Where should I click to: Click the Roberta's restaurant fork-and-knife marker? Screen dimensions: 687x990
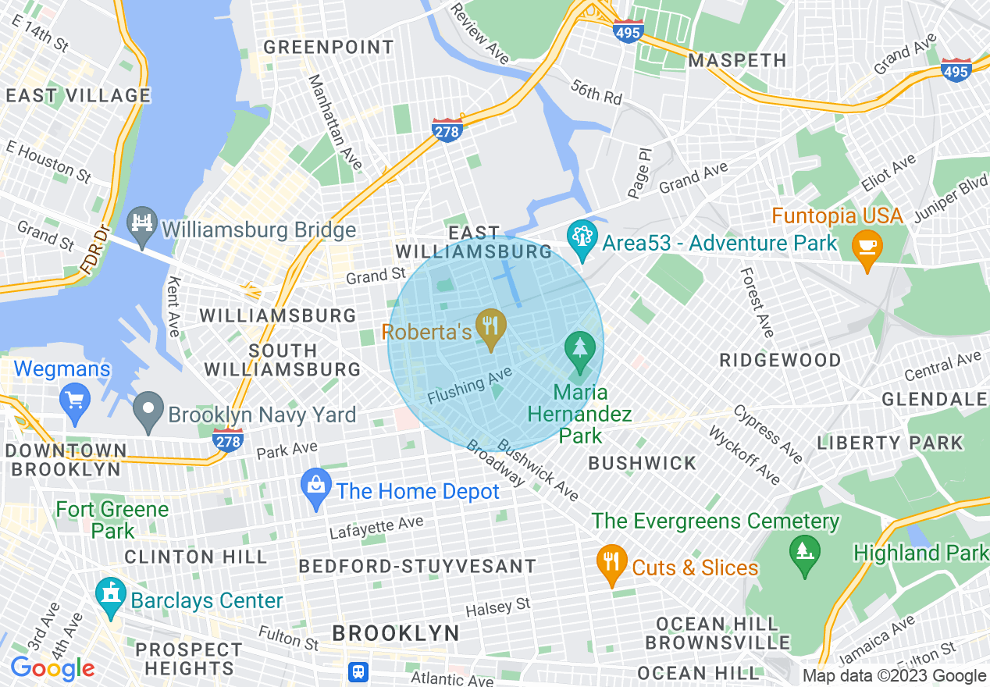pyautogui.click(x=490, y=330)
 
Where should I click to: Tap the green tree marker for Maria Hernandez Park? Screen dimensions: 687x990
pyautogui.click(x=579, y=351)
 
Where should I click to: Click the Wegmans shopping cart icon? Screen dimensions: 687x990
pyautogui.click(x=75, y=403)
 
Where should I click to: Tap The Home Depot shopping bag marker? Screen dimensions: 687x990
pyautogui.click(x=316, y=489)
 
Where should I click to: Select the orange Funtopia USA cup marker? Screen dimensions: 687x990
pyautogui.click(x=867, y=249)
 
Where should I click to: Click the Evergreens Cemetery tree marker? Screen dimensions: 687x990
pyautogui.click(x=805, y=555)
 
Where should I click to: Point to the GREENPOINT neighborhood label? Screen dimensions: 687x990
pyautogui.click(x=329, y=48)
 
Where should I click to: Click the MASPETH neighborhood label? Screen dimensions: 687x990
pyautogui.click(x=737, y=60)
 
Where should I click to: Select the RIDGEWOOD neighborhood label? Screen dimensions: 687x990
pyautogui.click(x=780, y=360)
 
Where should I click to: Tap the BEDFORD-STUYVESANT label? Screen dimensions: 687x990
pyautogui.click(x=418, y=566)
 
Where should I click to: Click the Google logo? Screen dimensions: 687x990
pyautogui.click(x=52, y=668)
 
